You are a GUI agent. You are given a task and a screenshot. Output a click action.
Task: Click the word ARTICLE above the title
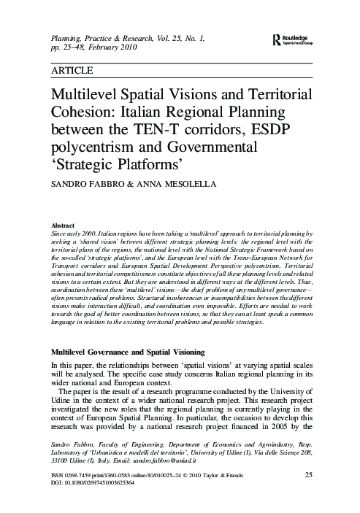(72, 71)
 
